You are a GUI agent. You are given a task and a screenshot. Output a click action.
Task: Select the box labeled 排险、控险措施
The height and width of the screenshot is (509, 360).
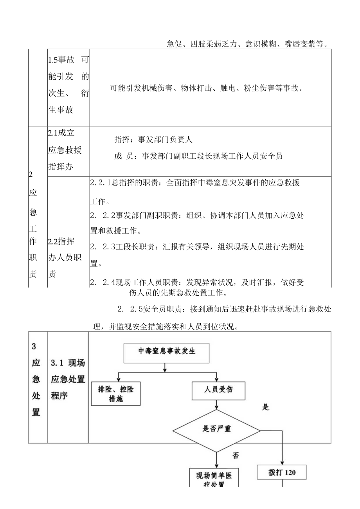click(115, 393)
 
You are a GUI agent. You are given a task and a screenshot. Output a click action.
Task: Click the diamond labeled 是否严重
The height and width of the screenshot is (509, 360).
click(216, 428)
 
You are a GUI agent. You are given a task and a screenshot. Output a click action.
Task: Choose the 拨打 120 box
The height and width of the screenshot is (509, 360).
click(282, 473)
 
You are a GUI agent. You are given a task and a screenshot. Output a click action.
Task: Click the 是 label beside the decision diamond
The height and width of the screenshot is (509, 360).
click(266, 407)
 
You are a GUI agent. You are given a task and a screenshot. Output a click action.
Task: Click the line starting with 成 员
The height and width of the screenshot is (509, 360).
click(198, 156)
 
